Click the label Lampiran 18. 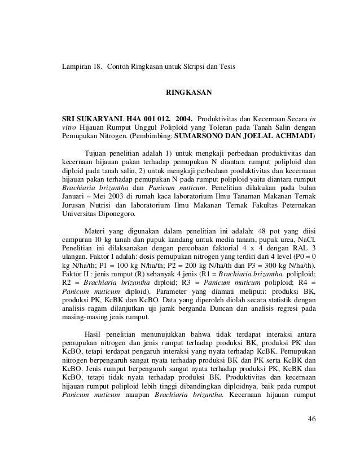coord(82,68)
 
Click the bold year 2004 coord(184,120)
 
